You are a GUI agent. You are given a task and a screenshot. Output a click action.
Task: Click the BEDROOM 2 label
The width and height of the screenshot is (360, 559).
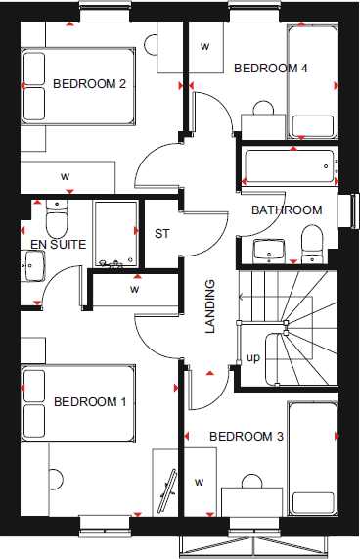click(x=89, y=83)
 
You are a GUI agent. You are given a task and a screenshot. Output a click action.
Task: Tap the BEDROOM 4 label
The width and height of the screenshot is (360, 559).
click(x=271, y=68)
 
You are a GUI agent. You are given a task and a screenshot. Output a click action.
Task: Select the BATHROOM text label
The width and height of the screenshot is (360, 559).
click(x=287, y=210)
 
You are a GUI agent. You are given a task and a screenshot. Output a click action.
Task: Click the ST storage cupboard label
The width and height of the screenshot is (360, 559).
click(x=162, y=234)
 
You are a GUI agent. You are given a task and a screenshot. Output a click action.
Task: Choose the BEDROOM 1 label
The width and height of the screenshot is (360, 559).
click(x=90, y=401)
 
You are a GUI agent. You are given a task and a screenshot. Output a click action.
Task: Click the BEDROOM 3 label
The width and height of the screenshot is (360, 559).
click(x=246, y=436)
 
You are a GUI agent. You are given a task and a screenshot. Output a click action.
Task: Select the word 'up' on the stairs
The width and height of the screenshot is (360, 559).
click(x=252, y=357)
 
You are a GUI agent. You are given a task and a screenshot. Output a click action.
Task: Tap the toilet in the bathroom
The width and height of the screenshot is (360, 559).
click(x=312, y=242)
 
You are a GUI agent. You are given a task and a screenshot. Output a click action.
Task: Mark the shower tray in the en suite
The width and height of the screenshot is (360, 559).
click(x=115, y=235)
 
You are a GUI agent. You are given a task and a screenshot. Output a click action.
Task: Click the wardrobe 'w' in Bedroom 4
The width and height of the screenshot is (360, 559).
click(x=205, y=46)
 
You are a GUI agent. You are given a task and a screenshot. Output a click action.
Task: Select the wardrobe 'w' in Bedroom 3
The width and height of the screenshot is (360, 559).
click(x=200, y=482)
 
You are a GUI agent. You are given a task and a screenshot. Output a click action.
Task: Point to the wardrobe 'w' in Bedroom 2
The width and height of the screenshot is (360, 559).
click(x=66, y=176)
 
